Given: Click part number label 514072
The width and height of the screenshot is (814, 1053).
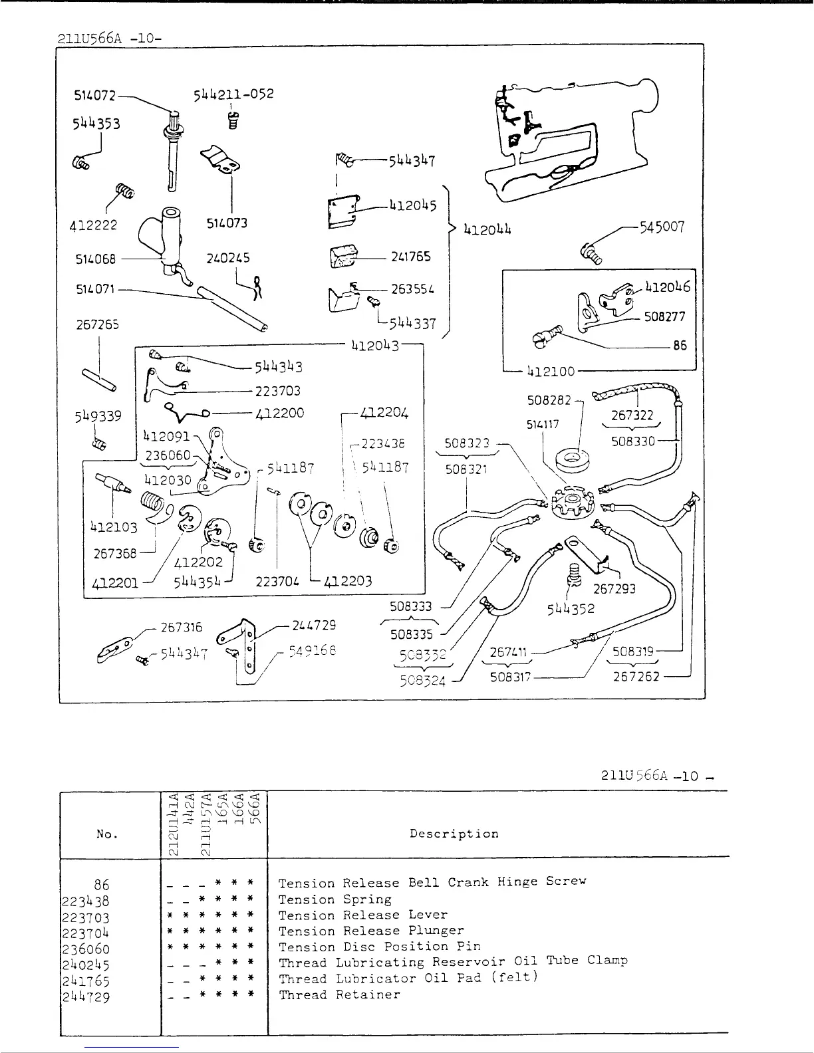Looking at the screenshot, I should (94, 96).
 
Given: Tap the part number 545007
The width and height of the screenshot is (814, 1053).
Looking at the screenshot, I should (661, 227).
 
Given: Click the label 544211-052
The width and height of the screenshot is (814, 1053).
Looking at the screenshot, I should (233, 94).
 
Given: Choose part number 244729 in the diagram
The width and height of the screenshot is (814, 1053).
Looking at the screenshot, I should (314, 626).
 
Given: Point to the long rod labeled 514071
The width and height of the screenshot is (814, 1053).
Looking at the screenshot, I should (233, 308).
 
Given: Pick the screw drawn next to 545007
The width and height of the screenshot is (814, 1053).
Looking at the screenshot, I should (590, 253).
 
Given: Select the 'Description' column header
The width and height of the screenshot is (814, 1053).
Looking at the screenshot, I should (454, 834).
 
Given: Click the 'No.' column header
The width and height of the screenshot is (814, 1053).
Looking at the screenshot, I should (106, 834).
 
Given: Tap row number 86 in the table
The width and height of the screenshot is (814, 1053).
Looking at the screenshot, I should (101, 885).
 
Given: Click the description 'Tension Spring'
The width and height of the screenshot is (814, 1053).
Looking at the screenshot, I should (335, 899).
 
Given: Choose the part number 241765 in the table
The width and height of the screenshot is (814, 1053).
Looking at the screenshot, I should (85, 981).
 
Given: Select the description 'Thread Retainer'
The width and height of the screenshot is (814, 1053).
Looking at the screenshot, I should (339, 995).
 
